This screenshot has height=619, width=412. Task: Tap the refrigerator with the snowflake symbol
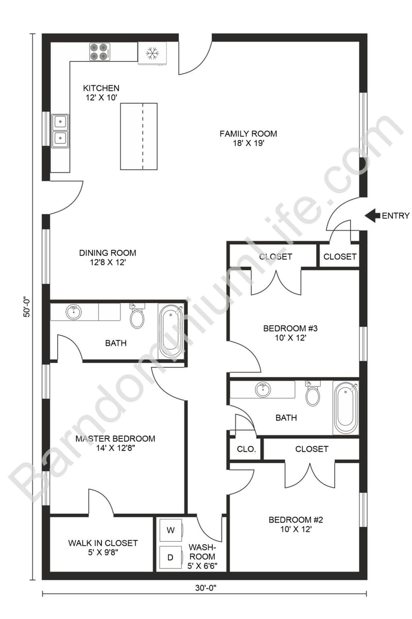click(x=152, y=53)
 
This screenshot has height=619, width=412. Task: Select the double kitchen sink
click(x=60, y=130)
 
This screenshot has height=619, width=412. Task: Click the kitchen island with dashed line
click(x=139, y=136)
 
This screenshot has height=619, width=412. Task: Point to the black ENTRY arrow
click(x=372, y=216)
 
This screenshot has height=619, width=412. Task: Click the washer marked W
click(x=170, y=530)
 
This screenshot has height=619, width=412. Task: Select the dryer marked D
click(x=170, y=557)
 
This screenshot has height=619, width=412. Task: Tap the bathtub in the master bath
click(x=170, y=332)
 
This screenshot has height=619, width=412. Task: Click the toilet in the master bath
click(x=137, y=316)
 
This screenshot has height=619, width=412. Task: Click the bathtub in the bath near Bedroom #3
click(x=346, y=408)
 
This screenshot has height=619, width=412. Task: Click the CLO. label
click(x=246, y=449)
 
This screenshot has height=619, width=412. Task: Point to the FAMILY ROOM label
click(x=248, y=134)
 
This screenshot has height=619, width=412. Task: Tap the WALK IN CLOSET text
click(x=103, y=543)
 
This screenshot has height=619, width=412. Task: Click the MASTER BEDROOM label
click(x=115, y=439)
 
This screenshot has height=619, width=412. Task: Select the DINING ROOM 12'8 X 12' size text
click(x=108, y=263)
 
